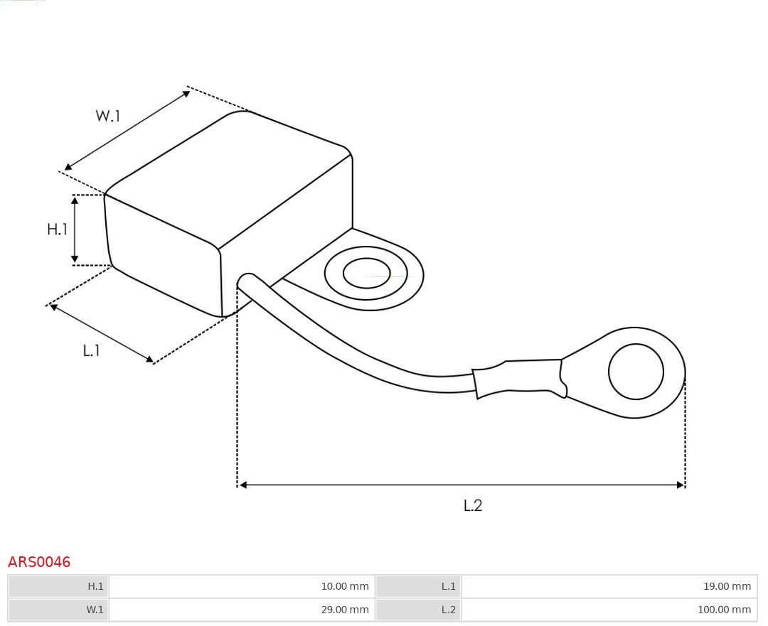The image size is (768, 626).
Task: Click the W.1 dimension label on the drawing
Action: (x=108, y=116)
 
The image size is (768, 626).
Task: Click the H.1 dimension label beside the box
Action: (x=57, y=229)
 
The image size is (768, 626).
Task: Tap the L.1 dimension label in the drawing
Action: (x=91, y=350)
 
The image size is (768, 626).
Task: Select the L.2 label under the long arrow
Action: (x=473, y=505)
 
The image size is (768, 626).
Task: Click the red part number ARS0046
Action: (x=39, y=562)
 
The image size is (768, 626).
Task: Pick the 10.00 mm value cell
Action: (x=344, y=586)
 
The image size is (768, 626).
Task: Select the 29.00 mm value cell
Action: (x=344, y=610)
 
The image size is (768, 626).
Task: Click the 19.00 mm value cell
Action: (x=726, y=586)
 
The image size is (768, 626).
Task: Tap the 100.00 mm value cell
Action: (x=723, y=610)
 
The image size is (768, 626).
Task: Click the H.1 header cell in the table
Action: (x=95, y=586)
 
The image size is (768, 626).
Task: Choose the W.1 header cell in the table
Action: (x=95, y=610)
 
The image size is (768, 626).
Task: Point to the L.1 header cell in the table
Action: (x=448, y=586)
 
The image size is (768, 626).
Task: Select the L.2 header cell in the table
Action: (x=448, y=610)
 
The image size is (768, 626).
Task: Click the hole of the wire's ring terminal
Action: (x=636, y=372)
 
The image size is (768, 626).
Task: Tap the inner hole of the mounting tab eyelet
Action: (x=366, y=274)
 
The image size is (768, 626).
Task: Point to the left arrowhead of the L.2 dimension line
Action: (x=242, y=485)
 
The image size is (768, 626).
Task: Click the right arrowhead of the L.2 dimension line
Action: (x=680, y=485)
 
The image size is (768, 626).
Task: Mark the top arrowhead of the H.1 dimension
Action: (x=75, y=200)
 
